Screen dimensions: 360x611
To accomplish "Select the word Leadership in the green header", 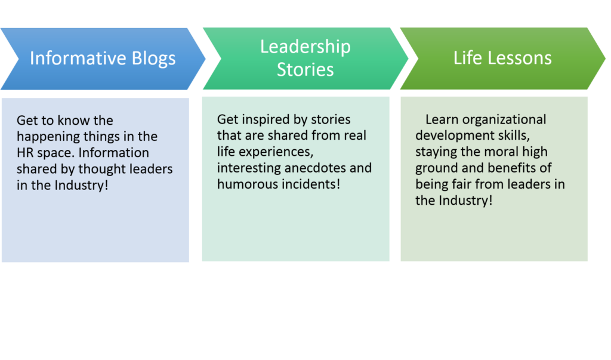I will [305, 47].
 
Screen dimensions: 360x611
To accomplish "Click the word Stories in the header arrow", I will [305, 70].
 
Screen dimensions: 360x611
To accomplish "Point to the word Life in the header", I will [466, 58].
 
